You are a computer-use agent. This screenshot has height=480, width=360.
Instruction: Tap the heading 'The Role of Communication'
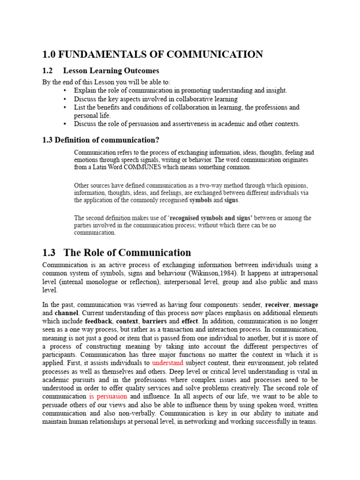[127, 253]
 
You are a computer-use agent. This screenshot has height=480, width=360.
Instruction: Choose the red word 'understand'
[168, 363]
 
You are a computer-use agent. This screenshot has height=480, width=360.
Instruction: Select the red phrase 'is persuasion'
[108, 397]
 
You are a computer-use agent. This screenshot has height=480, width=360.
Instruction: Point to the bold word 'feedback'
[98, 322]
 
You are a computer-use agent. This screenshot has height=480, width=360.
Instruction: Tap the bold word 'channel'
[67, 313]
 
